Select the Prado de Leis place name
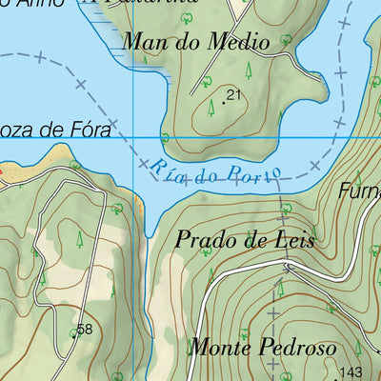[245, 239]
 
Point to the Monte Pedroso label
[262, 347]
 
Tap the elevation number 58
[85, 330]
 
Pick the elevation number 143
[352, 372]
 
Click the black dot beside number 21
[225, 100]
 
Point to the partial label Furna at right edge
[360, 190]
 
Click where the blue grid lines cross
[132, 138]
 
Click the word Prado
[206, 239]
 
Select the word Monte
[216, 347]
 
